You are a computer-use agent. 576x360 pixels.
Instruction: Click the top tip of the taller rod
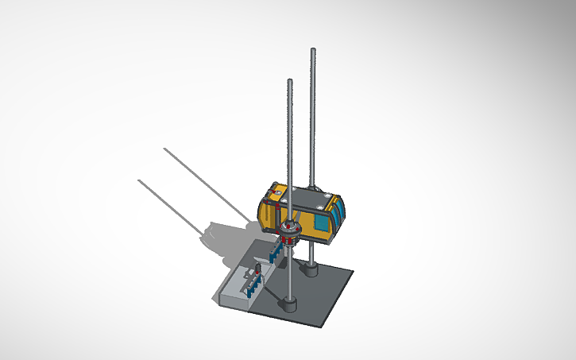pyautogui.click(x=313, y=52)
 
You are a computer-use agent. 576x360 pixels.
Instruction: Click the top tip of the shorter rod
pyautogui.click(x=289, y=81)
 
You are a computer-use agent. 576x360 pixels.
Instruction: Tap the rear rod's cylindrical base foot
pyautogui.click(x=311, y=270)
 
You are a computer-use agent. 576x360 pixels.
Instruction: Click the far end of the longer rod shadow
pyautogui.click(x=164, y=149)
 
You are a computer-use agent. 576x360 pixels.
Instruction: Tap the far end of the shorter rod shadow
pyautogui.click(x=140, y=180)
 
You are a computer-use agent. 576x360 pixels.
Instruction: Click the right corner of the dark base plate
pyautogui.click(x=352, y=273)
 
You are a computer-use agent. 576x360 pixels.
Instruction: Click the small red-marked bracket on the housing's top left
pyautogui.click(x=276, y=193)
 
